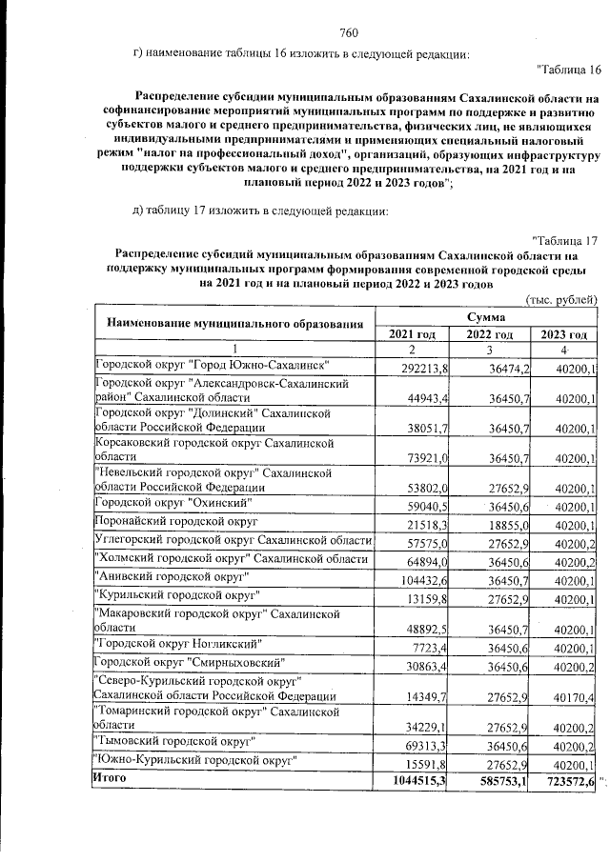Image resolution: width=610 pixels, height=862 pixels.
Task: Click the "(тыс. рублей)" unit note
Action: pyautogui.click(x=561, y=299)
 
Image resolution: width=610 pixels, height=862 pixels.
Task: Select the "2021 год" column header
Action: pyautogui.click(x=412, y=333)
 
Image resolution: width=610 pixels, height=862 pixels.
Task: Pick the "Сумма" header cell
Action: pyautogui.click(x=486, y=315)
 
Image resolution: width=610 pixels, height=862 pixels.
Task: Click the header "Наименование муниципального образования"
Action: pyautogui.click(x=235, y=324)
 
